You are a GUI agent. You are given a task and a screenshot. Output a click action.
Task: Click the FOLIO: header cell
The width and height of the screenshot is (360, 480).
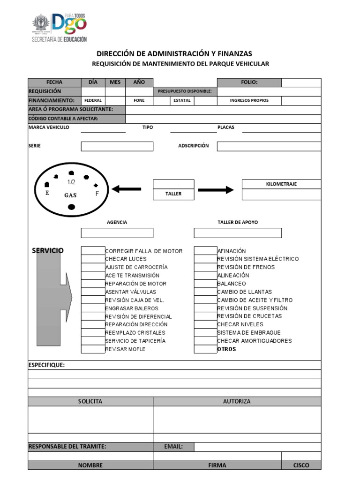click(249, 82)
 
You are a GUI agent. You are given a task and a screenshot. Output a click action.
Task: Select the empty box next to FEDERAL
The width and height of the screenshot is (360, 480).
click(115, 100)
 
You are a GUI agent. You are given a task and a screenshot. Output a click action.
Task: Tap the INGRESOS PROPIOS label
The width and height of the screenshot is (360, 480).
click(249, 100)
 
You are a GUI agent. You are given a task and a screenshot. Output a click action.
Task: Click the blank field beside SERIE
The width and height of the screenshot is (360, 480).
click(117, 146)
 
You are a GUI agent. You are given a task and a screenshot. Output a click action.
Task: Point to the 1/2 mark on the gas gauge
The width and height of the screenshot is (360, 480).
click(71, 182)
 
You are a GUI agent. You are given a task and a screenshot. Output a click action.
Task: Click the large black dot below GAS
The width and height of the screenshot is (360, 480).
click(71, 207)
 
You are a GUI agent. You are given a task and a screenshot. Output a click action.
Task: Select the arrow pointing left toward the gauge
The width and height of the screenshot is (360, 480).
click(127, 189)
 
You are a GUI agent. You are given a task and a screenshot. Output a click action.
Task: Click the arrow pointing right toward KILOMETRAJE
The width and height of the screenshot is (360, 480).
click(216, 190)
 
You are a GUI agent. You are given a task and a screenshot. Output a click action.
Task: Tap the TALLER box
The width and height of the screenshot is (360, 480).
click(173, 194)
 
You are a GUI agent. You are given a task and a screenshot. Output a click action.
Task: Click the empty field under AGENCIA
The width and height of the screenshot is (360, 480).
click(117, 233)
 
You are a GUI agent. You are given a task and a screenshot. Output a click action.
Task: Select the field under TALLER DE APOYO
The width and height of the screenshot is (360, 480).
click(238, 233)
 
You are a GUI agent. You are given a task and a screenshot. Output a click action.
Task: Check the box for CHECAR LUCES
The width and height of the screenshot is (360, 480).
click(93, 259)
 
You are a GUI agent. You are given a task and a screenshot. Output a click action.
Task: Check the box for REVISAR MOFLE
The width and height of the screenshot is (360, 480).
click(93, 349)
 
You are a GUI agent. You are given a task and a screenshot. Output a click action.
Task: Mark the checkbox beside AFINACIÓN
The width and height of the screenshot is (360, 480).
click(205, 251)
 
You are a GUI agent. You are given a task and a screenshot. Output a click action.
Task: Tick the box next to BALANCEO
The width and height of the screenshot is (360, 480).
click(205, 284)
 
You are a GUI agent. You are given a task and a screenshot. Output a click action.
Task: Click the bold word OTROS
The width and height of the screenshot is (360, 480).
click(227, 349)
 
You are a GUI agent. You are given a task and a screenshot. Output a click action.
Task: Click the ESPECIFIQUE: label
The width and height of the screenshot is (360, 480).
click(47, 365)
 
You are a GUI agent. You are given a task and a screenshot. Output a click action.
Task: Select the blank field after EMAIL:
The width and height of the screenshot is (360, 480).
click(257, 447)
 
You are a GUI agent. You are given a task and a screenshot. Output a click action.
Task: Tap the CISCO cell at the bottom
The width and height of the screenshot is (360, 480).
click(301, 465)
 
